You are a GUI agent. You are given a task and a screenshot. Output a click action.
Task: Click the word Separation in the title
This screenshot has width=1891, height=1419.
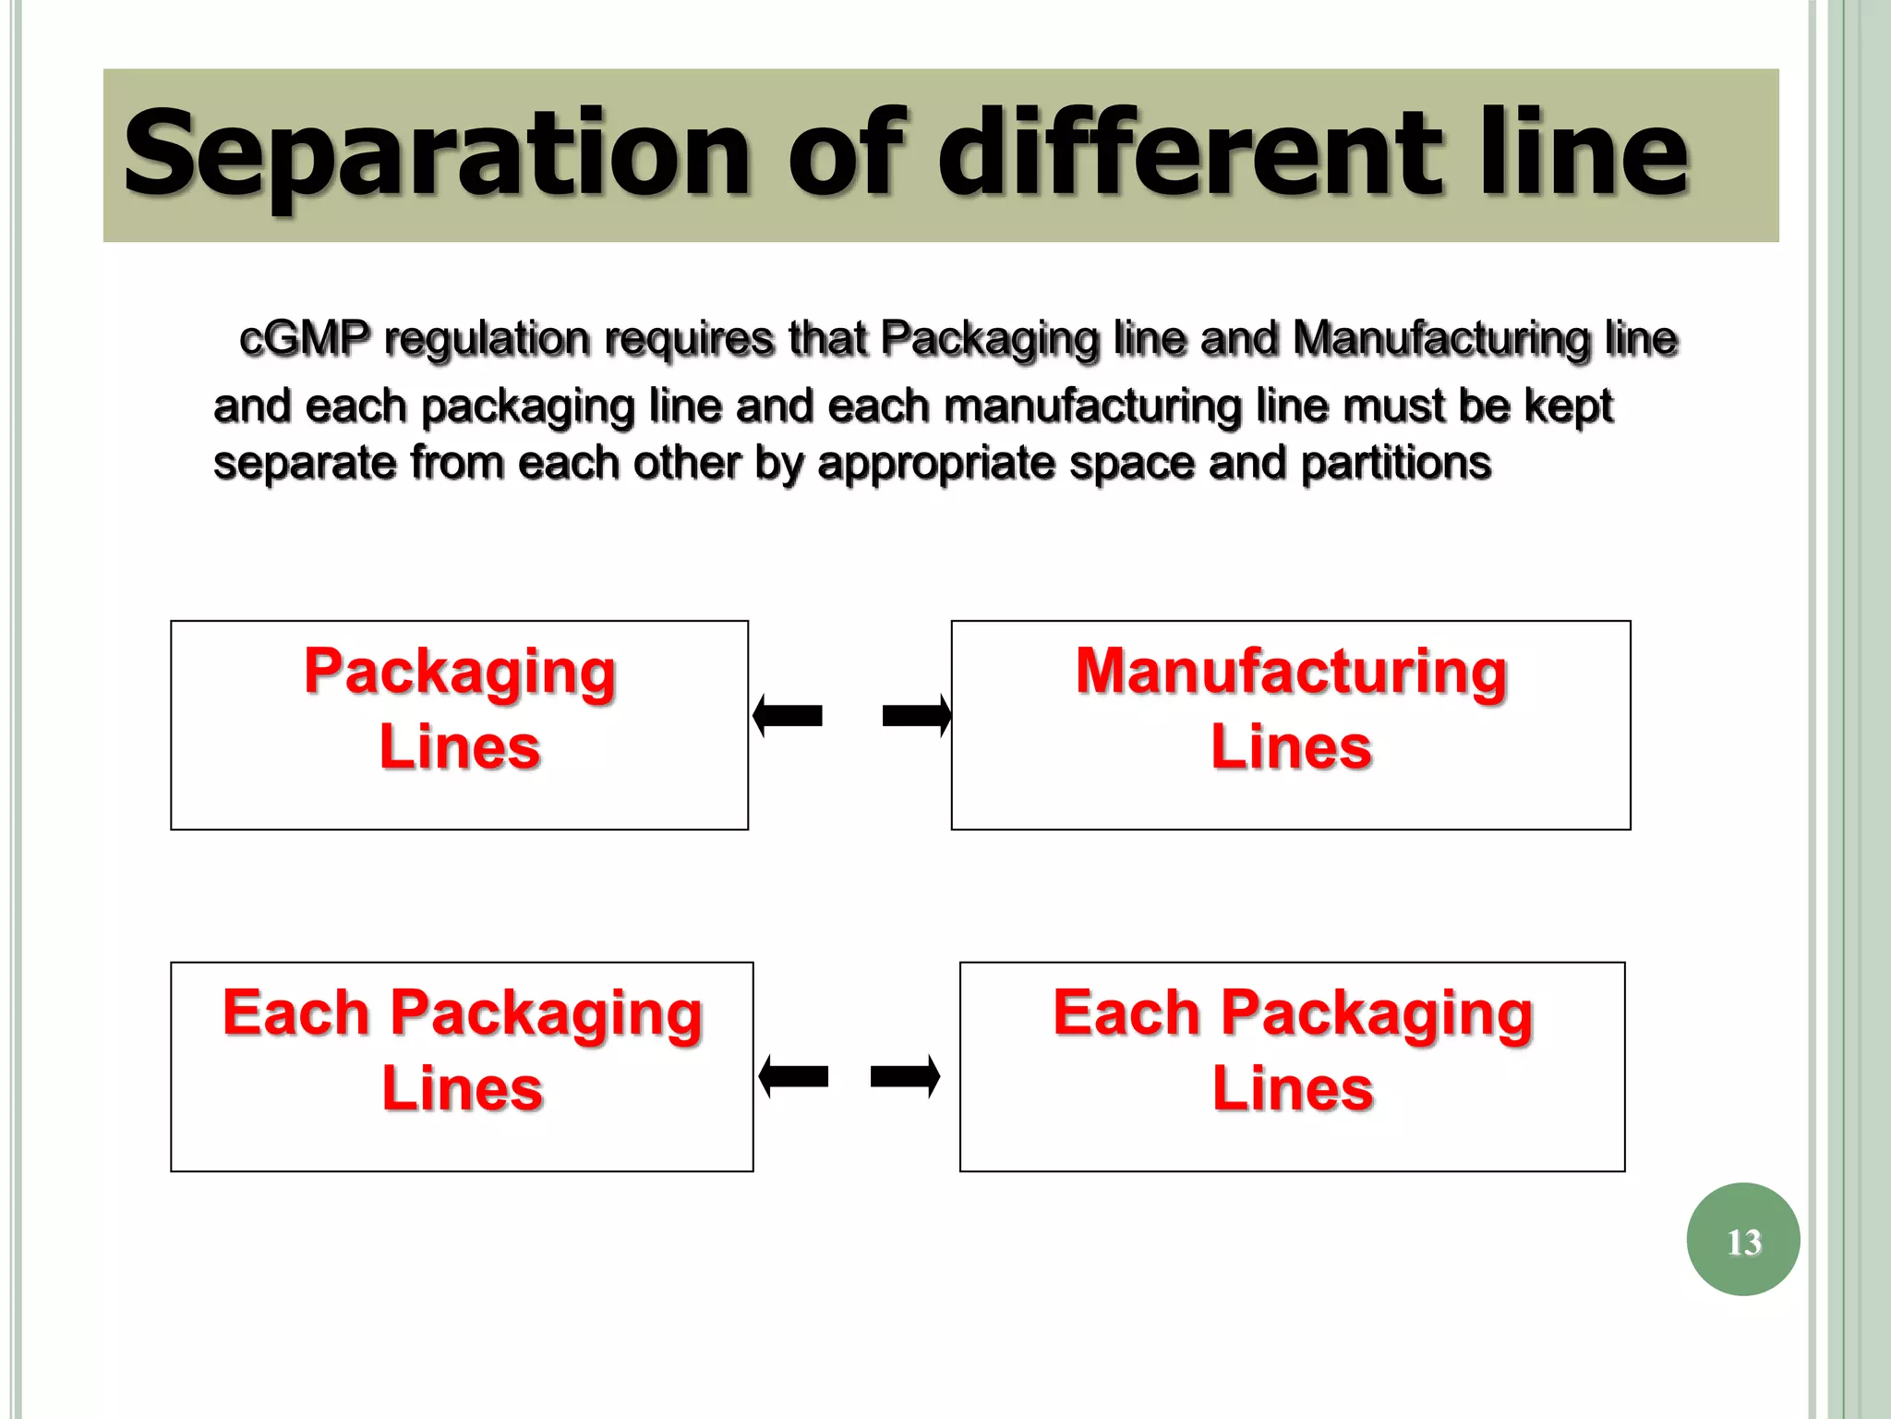click(x=434, y=155)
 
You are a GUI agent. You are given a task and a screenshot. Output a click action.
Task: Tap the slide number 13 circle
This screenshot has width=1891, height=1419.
click(x=1742, y=1240)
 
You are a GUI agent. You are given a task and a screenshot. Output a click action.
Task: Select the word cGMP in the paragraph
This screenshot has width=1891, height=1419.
click(x=304, y=339)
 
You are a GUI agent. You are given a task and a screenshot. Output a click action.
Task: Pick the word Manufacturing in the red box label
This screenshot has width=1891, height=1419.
click(x=1291, y=672)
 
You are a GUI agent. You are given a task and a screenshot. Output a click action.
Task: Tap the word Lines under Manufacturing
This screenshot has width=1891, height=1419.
click(x=1291, y=747)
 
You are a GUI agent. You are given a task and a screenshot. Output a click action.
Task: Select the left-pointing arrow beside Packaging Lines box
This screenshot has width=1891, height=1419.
click(x=787, y=716)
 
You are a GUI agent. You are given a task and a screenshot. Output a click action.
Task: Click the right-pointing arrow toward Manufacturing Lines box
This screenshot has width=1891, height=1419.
click(x=917, y=716)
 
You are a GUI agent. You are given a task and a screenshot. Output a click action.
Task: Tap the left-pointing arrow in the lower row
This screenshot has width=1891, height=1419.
click(x=793, y=1077)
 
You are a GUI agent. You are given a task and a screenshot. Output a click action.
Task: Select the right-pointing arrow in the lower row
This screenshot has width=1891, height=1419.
click(x=906, y=1077)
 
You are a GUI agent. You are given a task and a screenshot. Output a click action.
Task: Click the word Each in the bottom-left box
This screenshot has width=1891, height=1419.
click(x=295, y=1013)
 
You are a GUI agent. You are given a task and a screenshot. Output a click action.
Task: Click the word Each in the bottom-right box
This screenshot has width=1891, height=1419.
click(x=1126, y=1013)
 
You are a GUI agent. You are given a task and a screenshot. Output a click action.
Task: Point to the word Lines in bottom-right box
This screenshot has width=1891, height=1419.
click(x=1293, y=1089)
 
